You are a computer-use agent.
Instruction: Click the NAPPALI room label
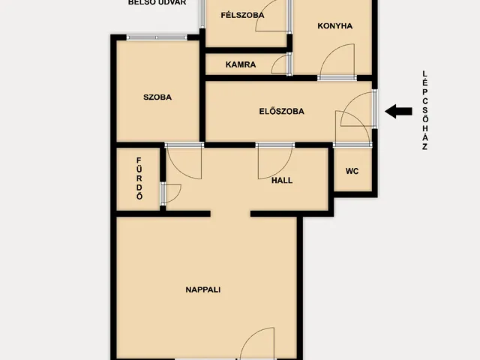point(203,289)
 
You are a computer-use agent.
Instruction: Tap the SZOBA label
point(157,97)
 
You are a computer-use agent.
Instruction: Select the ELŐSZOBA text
point(282,111)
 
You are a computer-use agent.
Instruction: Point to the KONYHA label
point(335,26)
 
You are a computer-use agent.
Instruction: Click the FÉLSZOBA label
point(242,15)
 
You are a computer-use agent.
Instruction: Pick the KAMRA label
point(241,64)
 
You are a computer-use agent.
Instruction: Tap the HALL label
point(282,180)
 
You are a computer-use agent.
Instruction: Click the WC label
point(352,171)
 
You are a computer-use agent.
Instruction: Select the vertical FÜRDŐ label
point(139,178)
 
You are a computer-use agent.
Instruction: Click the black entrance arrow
point(398,111)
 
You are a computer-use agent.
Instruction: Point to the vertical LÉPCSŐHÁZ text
point(424,110)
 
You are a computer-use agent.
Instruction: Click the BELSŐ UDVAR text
point(157,2)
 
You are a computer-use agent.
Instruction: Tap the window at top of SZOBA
point(157,37)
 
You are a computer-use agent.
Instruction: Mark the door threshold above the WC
point(352,145)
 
